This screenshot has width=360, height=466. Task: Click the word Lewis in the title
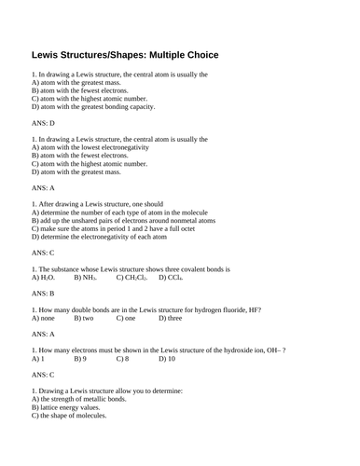[51, 54]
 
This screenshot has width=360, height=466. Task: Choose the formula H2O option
[43, 277]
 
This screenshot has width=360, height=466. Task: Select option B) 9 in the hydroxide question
[80, 358]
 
